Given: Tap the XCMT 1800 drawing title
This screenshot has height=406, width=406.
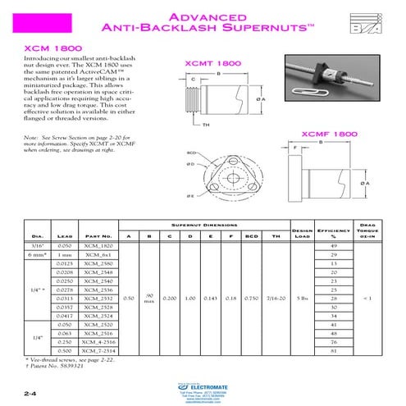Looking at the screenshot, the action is tap(212, 62).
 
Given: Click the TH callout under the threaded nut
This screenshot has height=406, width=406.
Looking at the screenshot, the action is tap(208, 125).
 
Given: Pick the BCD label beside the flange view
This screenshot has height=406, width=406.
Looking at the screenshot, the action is tap(191, 153).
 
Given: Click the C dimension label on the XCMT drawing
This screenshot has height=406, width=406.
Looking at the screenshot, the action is tap(193, 80).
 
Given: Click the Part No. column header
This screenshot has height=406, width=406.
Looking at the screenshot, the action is tap(97, 238).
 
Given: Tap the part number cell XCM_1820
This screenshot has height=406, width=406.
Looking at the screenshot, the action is tap(97, 246).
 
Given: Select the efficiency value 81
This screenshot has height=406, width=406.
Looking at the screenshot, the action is tap(333, 350).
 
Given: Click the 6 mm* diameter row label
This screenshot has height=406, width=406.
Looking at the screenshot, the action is tap(34, 256).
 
